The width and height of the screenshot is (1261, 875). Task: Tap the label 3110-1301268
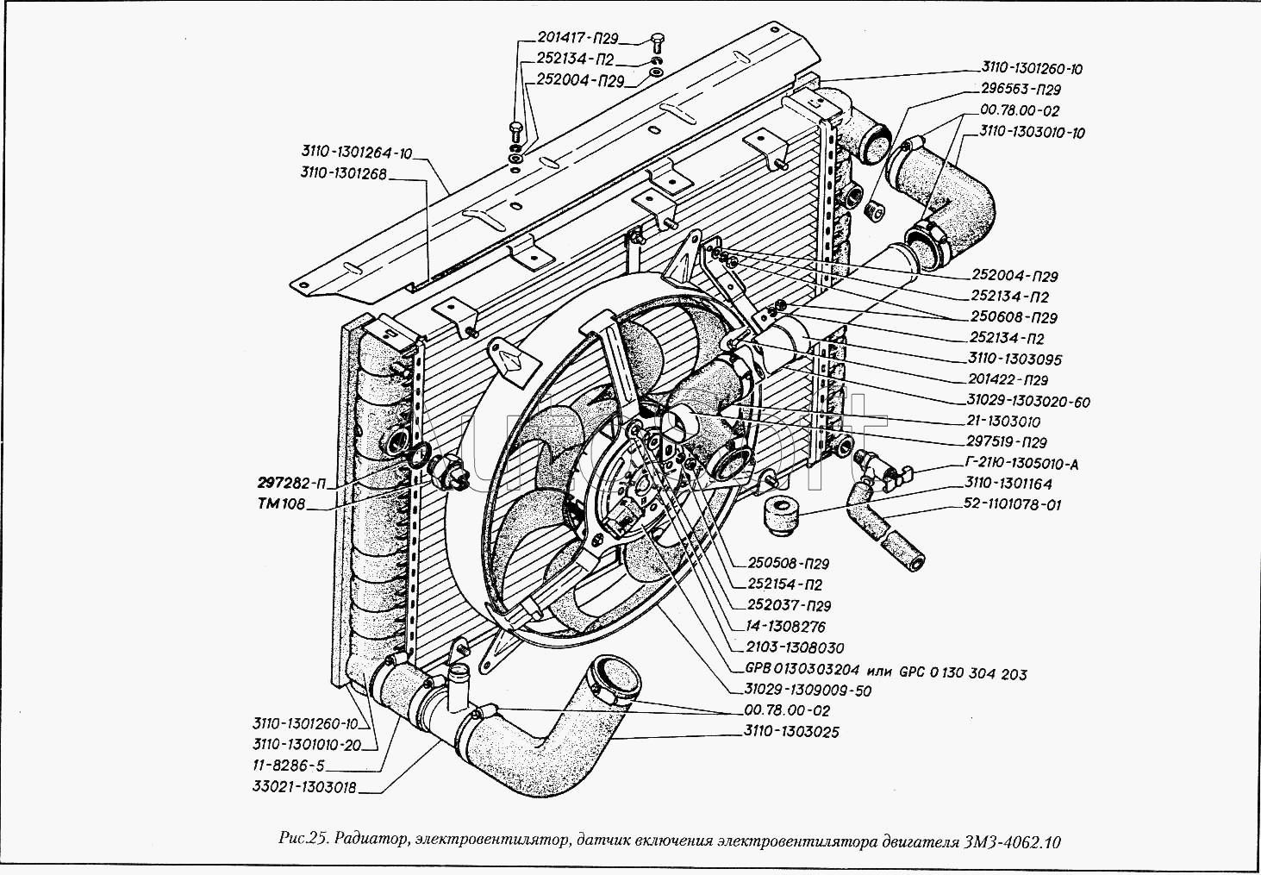[343, 173]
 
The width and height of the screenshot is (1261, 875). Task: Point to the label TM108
[281, 504]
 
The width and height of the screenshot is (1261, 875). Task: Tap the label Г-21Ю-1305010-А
[1022, 464]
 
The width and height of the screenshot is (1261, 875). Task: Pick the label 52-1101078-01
[1013, 505]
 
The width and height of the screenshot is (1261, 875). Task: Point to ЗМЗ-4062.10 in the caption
[1009, 841]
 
